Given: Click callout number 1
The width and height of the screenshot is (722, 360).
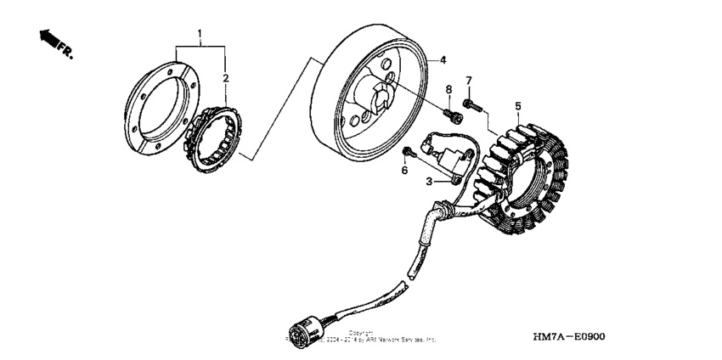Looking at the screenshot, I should pos(200,34).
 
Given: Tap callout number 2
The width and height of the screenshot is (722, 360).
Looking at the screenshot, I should pos(225,78).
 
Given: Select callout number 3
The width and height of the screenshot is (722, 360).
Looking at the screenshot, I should pos(431,181).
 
